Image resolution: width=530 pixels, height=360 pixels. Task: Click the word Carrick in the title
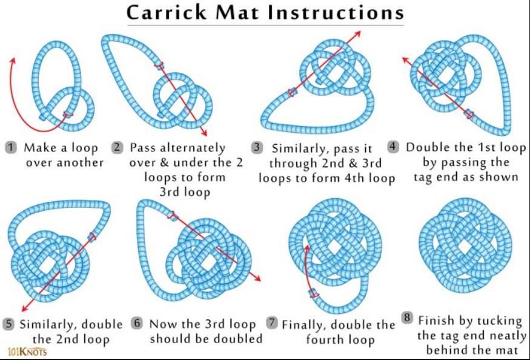167,13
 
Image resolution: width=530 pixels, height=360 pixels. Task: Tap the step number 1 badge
11,147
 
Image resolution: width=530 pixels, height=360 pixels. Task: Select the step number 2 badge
118,147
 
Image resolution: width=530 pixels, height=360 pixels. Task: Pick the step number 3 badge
257,148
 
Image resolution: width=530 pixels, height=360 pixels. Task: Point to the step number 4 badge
393,147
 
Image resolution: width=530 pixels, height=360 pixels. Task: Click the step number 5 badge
8,324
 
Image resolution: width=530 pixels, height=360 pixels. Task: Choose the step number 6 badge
137,323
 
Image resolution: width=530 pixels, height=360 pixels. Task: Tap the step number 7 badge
271,322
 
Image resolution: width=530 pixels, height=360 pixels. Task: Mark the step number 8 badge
408,318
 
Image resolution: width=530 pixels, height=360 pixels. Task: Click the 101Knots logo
27,352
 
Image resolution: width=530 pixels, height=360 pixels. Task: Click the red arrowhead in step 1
13,61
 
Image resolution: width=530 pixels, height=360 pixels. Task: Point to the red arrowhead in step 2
204,132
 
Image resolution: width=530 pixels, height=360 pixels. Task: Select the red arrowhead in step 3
357,34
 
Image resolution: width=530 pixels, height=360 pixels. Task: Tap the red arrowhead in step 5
25,308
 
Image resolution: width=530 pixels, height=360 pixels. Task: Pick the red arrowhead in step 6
257,278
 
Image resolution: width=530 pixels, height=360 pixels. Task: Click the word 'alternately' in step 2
193,148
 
